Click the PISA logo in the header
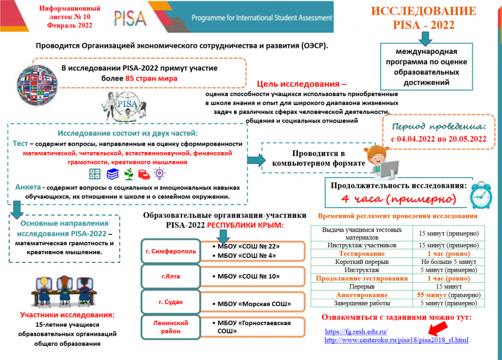(130, 19)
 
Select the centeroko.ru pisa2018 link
(396, 339)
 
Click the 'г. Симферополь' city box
(171, 252)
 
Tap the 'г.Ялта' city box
(171, 276)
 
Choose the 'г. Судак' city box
(171, 302)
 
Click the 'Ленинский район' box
(171, 327)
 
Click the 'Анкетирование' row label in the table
(361, 295)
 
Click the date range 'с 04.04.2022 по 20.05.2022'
(438, 139)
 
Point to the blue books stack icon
(113, 174)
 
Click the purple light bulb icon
(159, 173)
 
